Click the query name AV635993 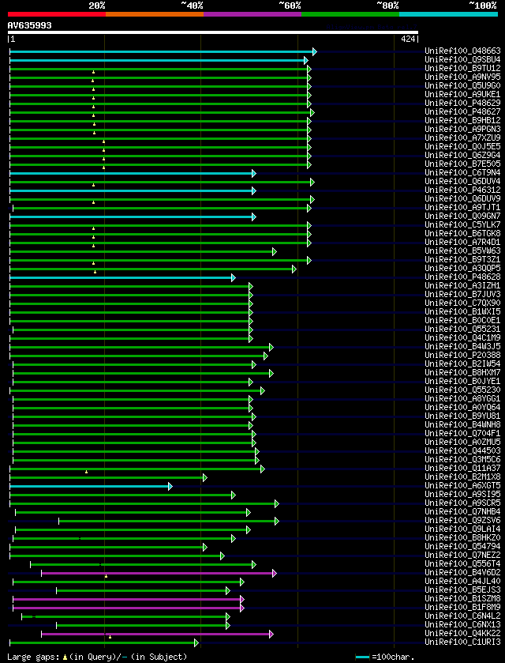pos(29,25)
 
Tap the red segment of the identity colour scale pos(56,13)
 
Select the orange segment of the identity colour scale pos(154,13)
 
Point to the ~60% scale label pos(290,5)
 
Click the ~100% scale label pos(482,5)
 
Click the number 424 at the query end pos(409,39)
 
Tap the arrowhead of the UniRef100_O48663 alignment pos(314,51)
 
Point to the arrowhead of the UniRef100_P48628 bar pos(234,277)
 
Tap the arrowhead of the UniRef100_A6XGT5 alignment pos(170,486)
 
